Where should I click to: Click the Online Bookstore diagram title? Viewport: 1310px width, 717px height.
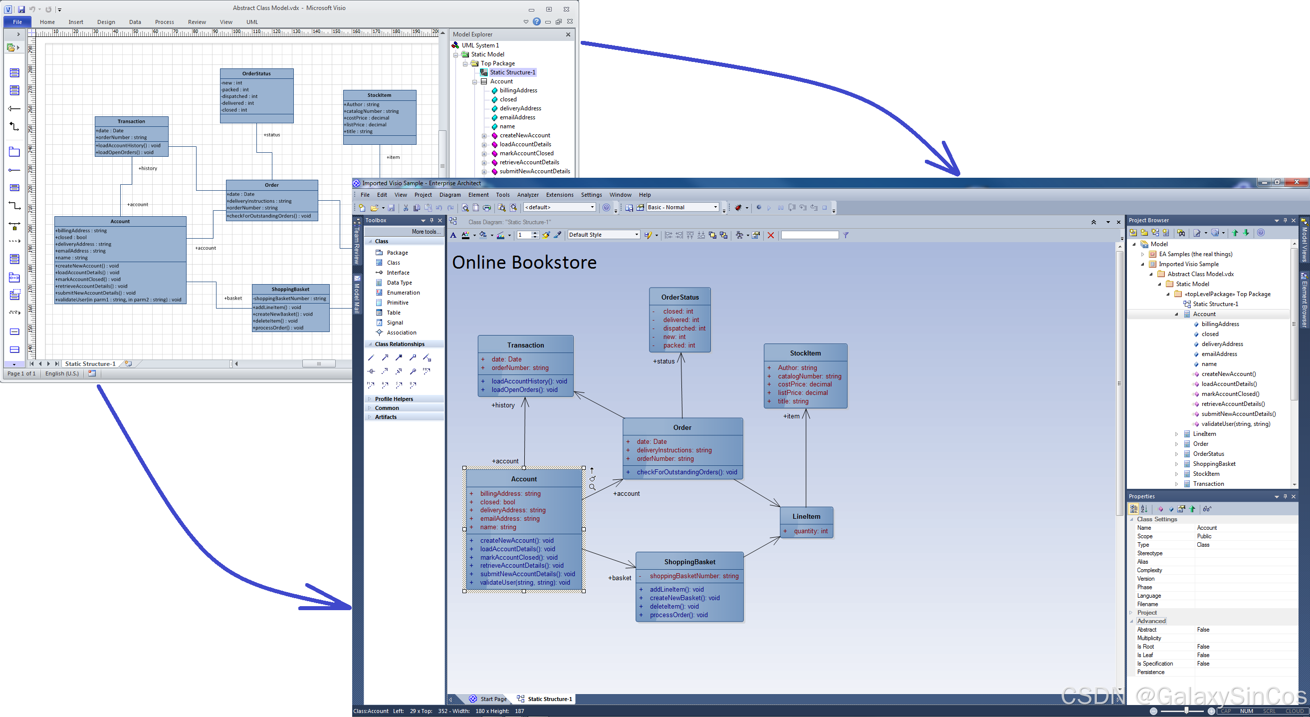tap(524, 263)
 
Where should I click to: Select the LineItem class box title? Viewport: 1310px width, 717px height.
tap(806, 516)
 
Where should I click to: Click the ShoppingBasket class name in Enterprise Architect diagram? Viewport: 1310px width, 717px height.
tap(689, 562)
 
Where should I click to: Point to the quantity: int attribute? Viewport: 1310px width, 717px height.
tap(811, 531)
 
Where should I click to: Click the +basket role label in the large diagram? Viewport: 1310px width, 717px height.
tap(620, 578)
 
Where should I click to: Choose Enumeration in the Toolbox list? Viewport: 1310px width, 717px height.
tap(403, 293)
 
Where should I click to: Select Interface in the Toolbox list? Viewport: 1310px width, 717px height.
tap(398, 273)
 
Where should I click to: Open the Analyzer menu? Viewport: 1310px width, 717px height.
tap(528, 195)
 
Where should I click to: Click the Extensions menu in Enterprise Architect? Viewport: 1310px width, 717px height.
tap(559, 195)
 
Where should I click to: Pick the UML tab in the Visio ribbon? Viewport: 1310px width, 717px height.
tap(252, 22)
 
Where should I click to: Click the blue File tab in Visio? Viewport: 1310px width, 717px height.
tap(17, 22)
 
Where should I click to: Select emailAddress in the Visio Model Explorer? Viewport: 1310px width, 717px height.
tap(517, 117)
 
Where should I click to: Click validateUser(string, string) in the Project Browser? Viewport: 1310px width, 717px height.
tap(1235, 424)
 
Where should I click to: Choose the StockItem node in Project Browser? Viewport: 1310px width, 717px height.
tap(1206, 474)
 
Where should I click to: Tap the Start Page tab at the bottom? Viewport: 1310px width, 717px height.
tap(493, 699)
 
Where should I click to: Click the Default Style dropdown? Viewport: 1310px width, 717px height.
tap(603, 235)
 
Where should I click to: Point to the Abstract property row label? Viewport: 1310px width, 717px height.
tap(1147, 630)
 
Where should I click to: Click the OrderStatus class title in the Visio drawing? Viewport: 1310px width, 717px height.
tap(256, 74)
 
